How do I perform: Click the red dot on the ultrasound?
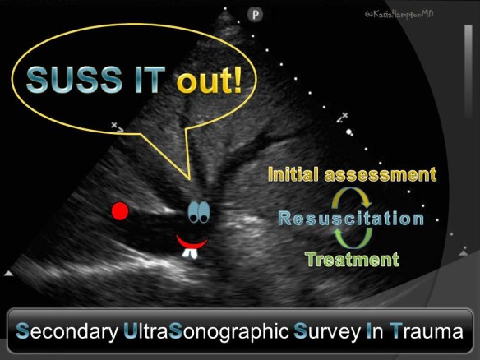(121, 212)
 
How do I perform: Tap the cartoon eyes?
(197, 211)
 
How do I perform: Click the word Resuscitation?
(350, 219)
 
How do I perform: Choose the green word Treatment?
(352, 261)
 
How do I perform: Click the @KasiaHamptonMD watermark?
(411, 15)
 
